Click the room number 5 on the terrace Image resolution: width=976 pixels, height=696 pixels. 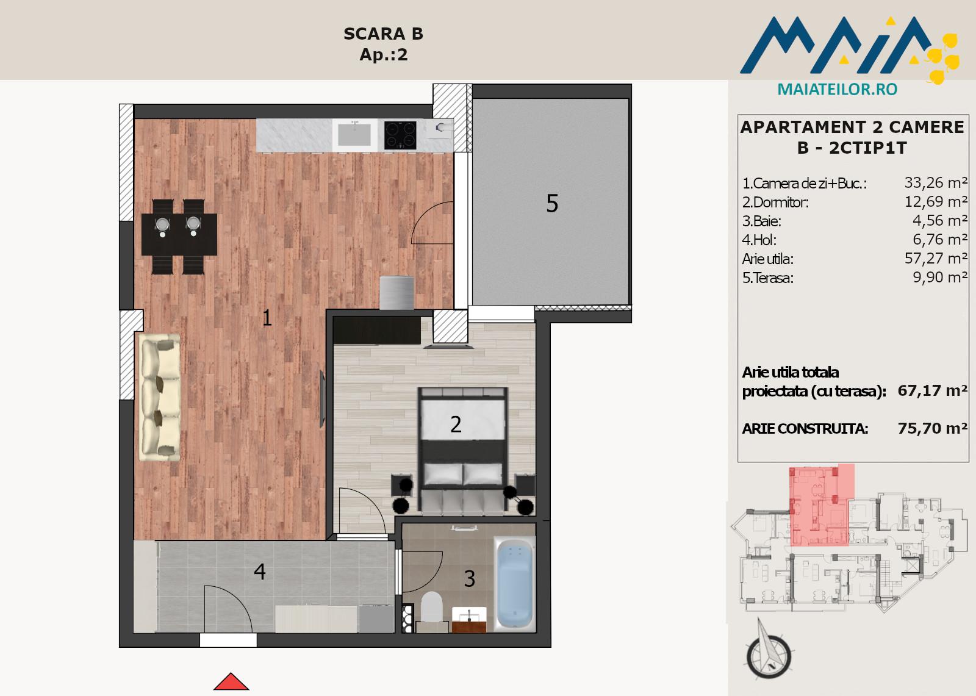pyautogui.click(x=552, y=204)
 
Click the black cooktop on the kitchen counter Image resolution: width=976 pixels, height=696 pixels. pyautogui.click(x=400, y=135)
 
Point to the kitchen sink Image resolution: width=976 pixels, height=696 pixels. pyautogui.click(x=354, y=135)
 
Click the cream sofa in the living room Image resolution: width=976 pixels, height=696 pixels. pyautogui.click(x=159, y=398)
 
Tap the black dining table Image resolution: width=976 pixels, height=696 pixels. pyautogui.click(x=179, y=234)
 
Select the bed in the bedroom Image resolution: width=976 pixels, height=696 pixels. pyautogui.click(x=463, y=449)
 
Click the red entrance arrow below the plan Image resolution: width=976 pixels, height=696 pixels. pyautogui.click(x=231, y=682)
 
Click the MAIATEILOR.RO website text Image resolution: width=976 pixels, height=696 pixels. pyautogui.click(x=838, y=89)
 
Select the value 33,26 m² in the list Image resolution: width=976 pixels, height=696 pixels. pyautogui.click(x=936, y=182)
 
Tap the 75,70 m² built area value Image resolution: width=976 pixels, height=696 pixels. pyautogui.click(x=933, y=428)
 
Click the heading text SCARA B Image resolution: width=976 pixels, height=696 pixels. pyautogui.click(x=384, y=34)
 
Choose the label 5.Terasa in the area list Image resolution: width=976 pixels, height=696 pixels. pyautogui.click(x=768, y=278)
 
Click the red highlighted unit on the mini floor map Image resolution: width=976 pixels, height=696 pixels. pyautogui.click(x=819, y=506)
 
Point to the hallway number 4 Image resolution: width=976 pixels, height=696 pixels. pyautogui.click(x=260, y=572)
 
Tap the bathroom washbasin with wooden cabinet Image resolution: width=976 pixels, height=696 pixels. pyautogui.click(x=469, y=619)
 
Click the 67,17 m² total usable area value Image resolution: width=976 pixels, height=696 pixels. pyautogui.click(x=933, y=390)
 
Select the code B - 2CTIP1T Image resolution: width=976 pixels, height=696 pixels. pyautogui.click(x=852, y=148)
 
